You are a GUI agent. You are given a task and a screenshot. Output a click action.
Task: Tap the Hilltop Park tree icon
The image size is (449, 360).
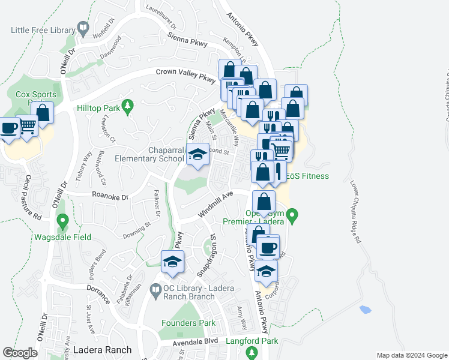pyautogui.click(x=127, y=107)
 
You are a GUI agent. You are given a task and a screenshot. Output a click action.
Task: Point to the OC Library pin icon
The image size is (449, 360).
pyautogui.click(x=156, y=289)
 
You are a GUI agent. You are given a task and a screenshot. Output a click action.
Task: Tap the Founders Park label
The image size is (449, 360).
pyautogui.click(x=188, y=323)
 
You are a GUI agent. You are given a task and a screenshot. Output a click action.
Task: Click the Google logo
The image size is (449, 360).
pyautogui.click(x=20, y=353)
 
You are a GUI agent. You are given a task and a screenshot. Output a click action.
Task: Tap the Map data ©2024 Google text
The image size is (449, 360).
pyautogui.click(x=411, y=355)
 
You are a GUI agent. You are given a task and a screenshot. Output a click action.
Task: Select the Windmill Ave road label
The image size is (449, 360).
pyautogui.click(x=214, y=205)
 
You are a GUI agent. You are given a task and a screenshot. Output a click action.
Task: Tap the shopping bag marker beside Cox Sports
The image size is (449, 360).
pyautogui.click(x=43, y=112)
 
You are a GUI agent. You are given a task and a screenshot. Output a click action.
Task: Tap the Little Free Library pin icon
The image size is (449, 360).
pyautogui.click(x=82, y=28)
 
